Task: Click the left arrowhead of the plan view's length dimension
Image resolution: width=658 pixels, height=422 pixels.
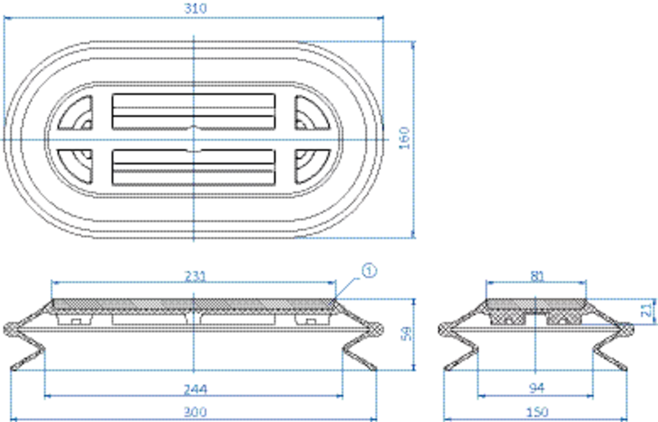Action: [7, 17]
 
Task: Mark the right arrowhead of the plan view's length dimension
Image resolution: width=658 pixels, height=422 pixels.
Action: [380, 17]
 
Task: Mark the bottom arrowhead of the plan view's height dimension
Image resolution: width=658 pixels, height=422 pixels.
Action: [413, 233]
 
